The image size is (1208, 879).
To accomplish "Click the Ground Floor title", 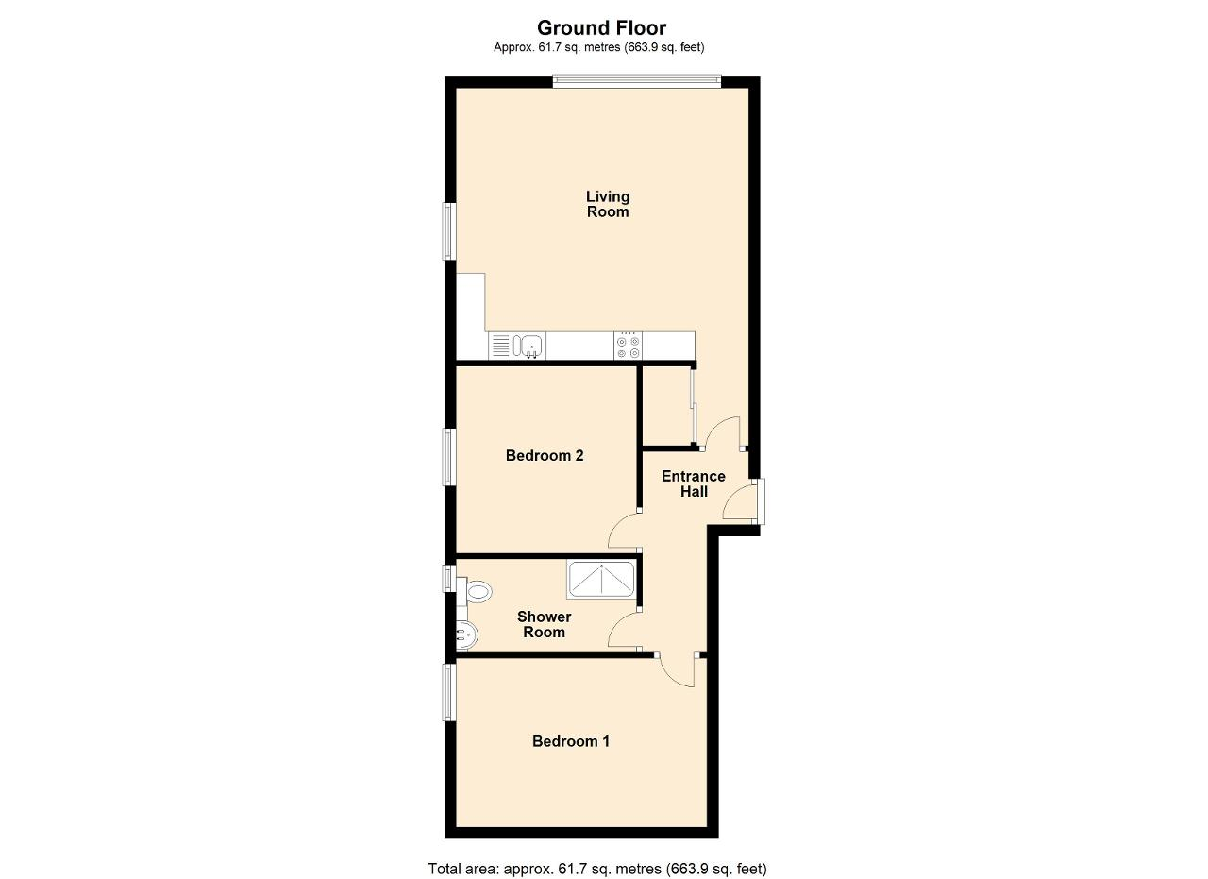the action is click(601, 27).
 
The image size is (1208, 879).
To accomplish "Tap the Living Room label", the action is click(608, 204).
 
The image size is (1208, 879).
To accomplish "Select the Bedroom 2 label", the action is click(545, 455).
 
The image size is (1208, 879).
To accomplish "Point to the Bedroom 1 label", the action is click(571, 741).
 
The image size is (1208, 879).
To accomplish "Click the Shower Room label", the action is click(545, 624).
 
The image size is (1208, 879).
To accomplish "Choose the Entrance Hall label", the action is click(694, 483).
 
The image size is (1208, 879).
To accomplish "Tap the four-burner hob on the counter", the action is click(629, 346).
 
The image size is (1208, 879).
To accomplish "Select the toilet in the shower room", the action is click(475, 592).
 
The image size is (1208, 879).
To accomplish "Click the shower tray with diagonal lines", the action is click(601, 580).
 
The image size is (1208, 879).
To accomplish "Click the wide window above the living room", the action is click(637, 81).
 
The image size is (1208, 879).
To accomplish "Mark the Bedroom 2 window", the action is click(450, 457).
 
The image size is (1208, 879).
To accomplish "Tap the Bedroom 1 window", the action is click(450, 692).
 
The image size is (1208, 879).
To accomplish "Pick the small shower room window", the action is click(449, 578).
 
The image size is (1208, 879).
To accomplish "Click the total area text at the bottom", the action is click(597, 854).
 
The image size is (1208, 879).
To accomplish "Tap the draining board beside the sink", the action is click(500, 346).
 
